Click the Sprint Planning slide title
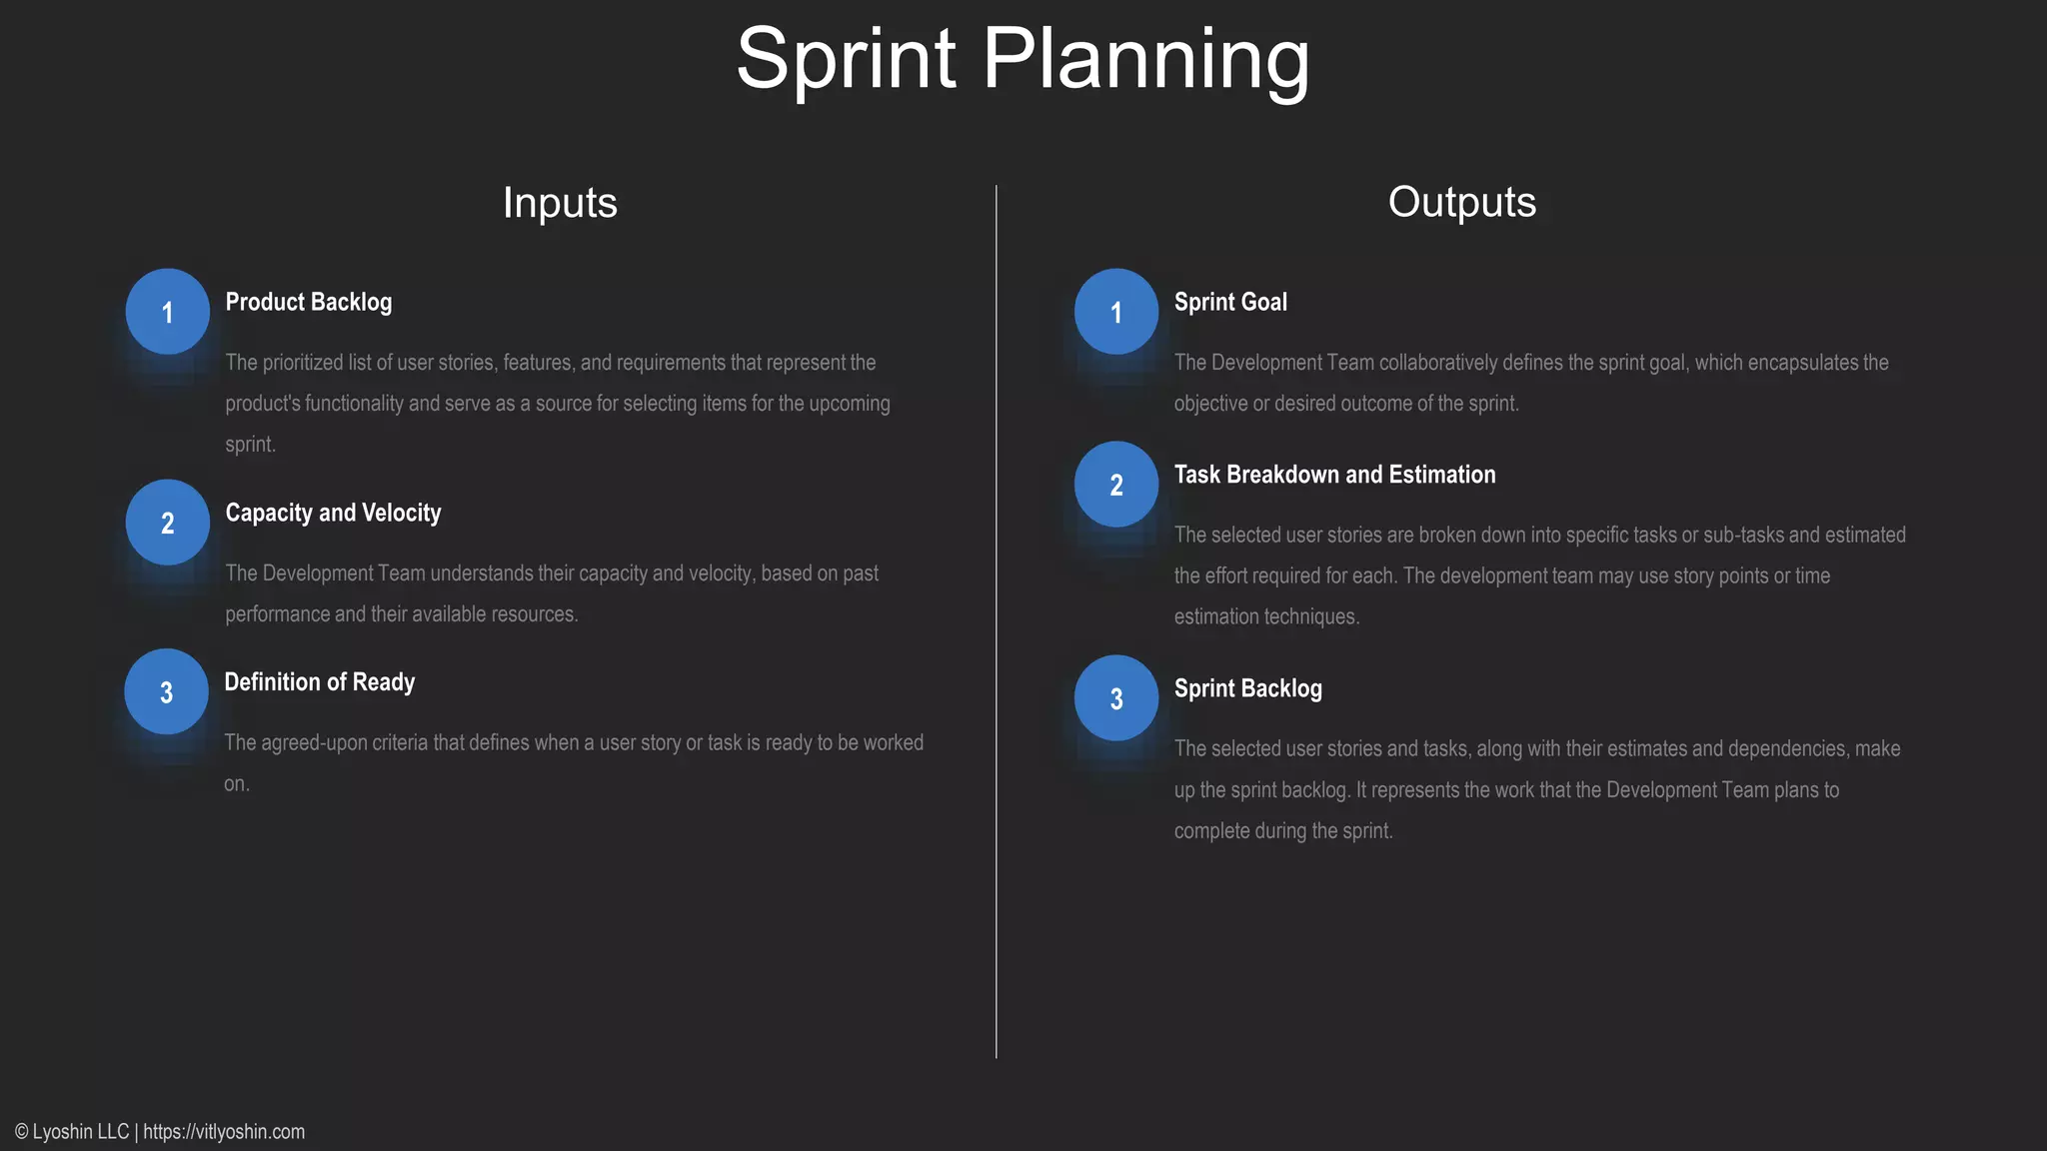1023,59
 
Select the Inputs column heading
560,203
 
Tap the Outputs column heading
1461,203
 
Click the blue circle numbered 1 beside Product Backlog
168,312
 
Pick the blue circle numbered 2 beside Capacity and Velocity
168,523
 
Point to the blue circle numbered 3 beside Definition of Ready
167,691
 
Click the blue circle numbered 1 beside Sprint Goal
1116,312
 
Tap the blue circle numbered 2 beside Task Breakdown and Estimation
1116,485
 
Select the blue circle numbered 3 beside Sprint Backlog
1116,698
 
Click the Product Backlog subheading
308,302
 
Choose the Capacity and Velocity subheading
333,513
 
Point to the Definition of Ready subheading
319,682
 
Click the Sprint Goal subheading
1230,302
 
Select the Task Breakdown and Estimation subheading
1334,475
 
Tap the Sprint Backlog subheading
1247,688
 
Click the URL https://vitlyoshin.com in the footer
224,1132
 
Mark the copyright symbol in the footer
22,1132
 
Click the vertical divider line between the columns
997,619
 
